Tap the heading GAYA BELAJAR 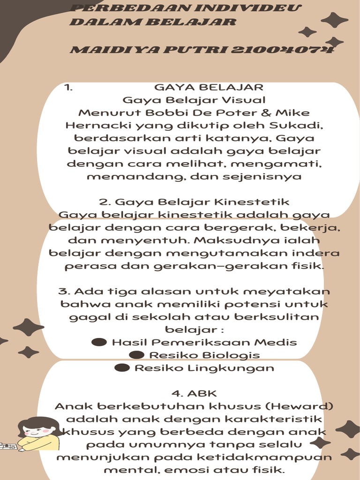[209, 87]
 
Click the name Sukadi [299, 126]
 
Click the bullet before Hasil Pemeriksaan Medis [99, 342]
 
